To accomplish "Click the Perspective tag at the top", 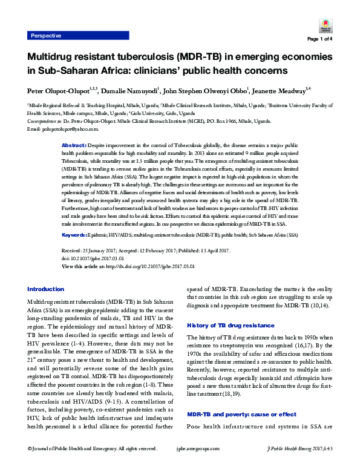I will [46, 36].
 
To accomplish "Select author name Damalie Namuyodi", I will [132, 90].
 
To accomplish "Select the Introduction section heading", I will [46, 289].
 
